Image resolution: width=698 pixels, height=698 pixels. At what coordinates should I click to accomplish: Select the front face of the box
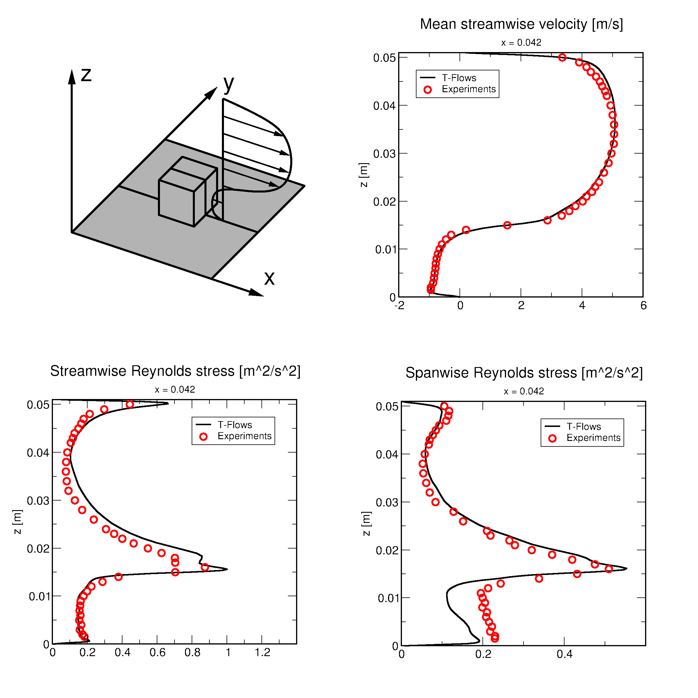point(176,203)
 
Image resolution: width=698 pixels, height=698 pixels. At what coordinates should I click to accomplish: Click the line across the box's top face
point(188,174)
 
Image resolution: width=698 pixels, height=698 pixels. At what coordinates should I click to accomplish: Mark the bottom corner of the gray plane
point(211,277)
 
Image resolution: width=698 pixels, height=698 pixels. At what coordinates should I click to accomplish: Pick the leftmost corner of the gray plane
point(74,232)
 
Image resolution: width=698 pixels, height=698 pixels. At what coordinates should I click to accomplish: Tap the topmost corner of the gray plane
point(165,140)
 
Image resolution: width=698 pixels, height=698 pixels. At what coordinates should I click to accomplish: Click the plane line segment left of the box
point(139,193)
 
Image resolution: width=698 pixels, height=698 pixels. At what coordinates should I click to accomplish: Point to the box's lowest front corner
point(194,227)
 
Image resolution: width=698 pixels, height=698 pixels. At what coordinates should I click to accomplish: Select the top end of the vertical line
point(223,159)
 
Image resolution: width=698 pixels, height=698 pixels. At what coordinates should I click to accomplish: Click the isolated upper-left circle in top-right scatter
point(428,90)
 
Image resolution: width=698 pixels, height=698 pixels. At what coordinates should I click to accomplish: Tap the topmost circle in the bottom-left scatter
point(130,404)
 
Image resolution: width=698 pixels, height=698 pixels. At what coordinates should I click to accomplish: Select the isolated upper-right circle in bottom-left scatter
point(203,437)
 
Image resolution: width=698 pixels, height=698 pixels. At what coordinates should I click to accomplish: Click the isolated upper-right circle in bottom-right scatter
point(552,439)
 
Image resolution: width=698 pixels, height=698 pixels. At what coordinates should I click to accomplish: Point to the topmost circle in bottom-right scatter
point(444,406)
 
